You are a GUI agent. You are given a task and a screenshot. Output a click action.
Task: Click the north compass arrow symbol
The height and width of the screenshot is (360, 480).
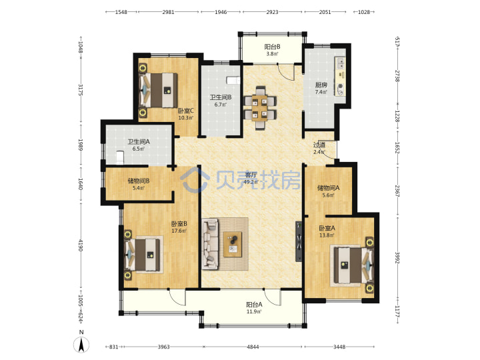pyautogui.click(x=81, y=345)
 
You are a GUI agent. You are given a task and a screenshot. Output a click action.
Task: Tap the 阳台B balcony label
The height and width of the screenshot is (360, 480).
pyautogui.click(x=272, y=47)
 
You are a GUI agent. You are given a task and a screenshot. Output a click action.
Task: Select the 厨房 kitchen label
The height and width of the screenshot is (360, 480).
pyautogui.click(x=321, y=85)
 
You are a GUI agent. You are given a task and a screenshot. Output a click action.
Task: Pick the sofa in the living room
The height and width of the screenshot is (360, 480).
pyautogui.click(x=210, y=244)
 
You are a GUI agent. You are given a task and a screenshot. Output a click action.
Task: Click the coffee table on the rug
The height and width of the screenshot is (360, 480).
pyautogui.click(x=233, y=244)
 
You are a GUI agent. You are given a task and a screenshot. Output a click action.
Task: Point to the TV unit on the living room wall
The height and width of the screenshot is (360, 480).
pyautogui.click(x=299, y=241)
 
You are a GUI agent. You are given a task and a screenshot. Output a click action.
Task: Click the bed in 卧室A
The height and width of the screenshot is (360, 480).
pyautogui.click(x=353, y=265)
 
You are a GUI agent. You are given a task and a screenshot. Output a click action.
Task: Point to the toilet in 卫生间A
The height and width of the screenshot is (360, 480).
pyautogui.click(x=120, y=157)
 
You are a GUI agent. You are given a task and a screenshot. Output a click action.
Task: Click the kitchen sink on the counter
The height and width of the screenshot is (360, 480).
pyautogui.click(x=340, y=63)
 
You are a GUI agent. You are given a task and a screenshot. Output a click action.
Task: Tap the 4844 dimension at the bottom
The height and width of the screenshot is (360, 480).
pyautogui.click(x=253, y=347)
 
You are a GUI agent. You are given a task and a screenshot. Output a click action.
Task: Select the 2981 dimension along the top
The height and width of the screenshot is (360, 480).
pyautogui.click(x=168, y=12)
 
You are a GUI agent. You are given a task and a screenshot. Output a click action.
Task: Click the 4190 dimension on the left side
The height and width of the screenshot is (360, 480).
pyautogui.click(x=81, y=245)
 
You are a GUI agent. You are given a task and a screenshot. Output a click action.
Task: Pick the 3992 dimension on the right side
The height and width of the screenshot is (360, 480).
pyautogui.click(x=397, y=258)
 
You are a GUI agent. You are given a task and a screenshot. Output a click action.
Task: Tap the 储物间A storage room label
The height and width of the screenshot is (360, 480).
pyautogui.click(x=329, y=187)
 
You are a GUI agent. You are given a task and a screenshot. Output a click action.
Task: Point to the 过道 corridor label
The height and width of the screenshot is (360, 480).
pyautogui.click(x=319, y=145)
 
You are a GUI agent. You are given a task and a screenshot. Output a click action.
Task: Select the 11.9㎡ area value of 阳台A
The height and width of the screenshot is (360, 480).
pyautogui.click(x=254, y=311)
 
